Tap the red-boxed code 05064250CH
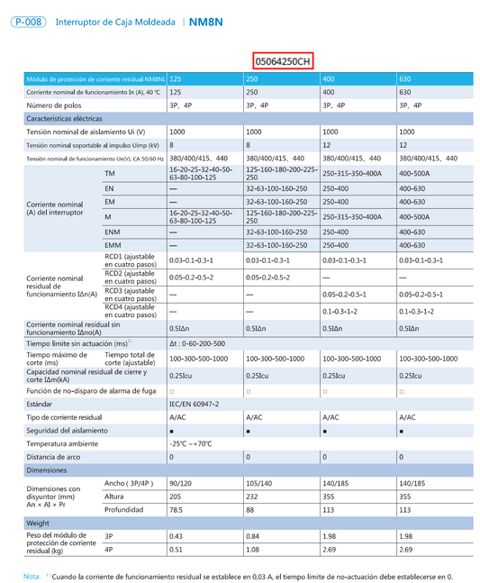[282, 61]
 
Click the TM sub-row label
[110, 172]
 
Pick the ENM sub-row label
[112, 232]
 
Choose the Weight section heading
[38, 523]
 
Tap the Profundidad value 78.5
[177, 509]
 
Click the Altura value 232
[253, 496]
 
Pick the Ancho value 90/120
[181, 484]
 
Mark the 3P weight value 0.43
[176, 536]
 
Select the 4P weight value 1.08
[254, 549]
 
